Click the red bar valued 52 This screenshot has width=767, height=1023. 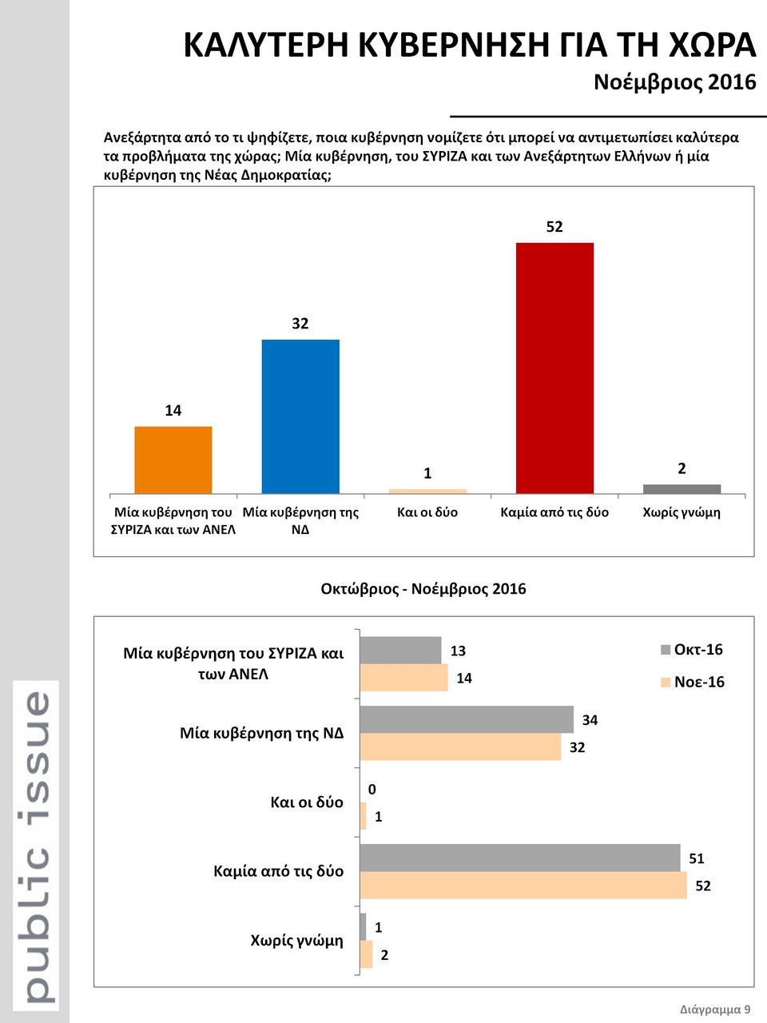click(554, 368)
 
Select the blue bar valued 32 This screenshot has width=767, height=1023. click(300, 416)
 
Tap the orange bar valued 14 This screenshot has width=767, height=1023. click(173, 460)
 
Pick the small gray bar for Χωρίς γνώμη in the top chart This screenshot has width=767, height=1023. click(682, 488)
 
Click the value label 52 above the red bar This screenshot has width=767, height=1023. click(554, 227)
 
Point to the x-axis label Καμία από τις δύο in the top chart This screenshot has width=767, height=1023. click(554, 512)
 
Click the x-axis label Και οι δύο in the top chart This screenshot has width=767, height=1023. click(427, 512)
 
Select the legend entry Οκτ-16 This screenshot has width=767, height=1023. click(692, 650)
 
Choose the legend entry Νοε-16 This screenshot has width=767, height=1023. click(693, 682)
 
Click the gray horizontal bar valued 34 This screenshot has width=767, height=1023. click(467, 719)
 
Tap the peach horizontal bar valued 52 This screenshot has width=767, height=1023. click(523, 886)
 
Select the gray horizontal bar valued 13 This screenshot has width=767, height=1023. click(400, 650)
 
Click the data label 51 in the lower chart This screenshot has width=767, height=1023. click(697, 858)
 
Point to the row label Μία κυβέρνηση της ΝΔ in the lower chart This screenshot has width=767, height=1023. click(261, 733)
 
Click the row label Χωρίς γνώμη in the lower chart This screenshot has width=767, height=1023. click(296, 941)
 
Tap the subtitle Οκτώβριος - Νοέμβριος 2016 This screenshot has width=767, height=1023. click(423, 589)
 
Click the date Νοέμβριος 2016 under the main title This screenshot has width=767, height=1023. click(674, 82)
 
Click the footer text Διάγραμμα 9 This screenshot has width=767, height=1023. click(715, 1009)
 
